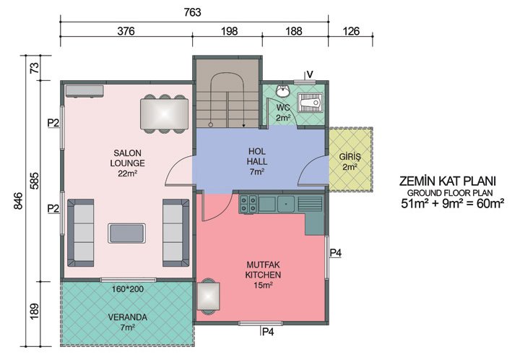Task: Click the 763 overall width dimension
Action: click(192, 12)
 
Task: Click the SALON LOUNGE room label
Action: click(128, 163)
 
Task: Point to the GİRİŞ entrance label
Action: click(350, 160)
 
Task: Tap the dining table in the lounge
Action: click(165, 113)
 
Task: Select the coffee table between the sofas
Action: click(126, 233)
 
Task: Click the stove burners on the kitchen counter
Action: click(248, 203)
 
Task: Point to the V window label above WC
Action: click(309, 74)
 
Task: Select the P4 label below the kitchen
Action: click(268, 332)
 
